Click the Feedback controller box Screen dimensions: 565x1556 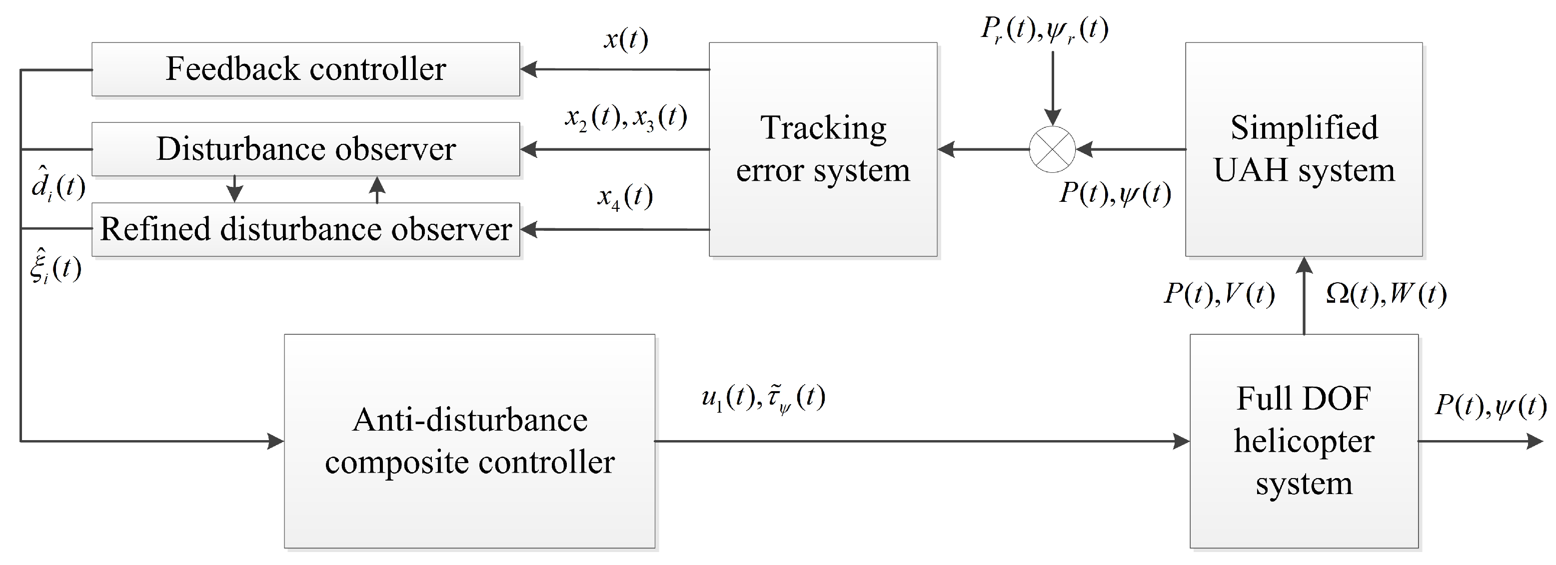tap(305, 69)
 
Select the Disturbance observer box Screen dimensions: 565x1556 tap(305, 149)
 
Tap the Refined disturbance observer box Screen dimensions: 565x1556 tap(305, 229)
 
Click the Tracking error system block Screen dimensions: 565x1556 tap(823, 149)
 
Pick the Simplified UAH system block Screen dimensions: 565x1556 tap(1304, 149)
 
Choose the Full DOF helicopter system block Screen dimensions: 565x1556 tap(1304, 441)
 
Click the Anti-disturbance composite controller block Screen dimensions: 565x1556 tap(469, 441)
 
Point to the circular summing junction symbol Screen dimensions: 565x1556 tap(1052, 149)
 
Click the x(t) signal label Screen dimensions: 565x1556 tap(626, 40)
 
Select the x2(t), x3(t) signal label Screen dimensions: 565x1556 tap(626, 117)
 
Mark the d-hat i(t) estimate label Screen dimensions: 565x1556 tap(58, 187)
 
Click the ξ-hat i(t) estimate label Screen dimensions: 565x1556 tap(55, 266)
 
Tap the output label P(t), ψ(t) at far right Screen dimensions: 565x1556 tap(1490, 406)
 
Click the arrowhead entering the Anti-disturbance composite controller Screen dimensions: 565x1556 tap(276, 441)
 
